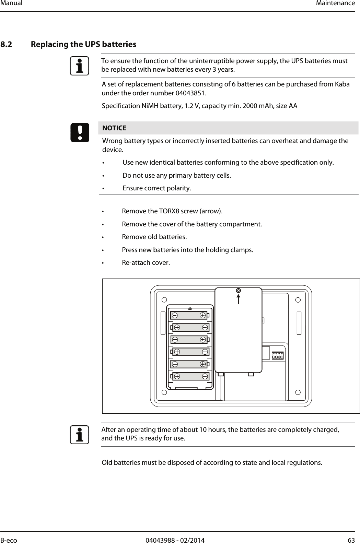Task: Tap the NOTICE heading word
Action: [114, 128]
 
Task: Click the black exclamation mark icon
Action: [80, 132]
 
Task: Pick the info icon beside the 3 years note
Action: [80, 66]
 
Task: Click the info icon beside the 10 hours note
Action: [80, 434]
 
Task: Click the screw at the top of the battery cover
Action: [238, 291]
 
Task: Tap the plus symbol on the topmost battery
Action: [203, 315]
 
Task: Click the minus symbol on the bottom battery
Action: [205, 376]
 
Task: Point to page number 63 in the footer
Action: [351, 540]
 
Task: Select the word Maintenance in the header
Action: [335, 3]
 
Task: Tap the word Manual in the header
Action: [11, 3]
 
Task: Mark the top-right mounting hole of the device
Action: [298, 300]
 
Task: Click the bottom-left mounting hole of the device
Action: [164, 392]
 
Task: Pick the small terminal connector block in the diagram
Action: [278, 356]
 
